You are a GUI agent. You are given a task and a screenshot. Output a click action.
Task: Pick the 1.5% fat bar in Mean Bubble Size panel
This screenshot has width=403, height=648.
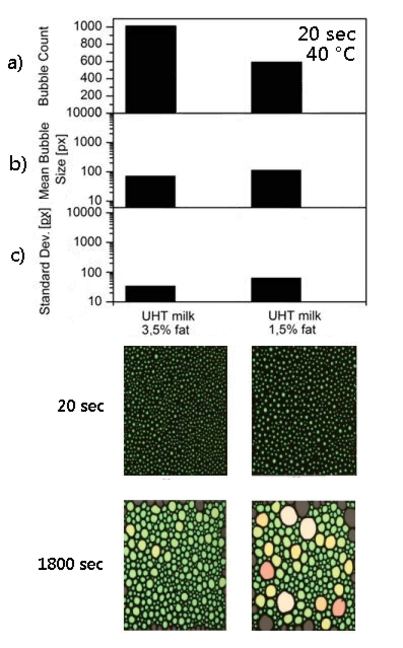click(x=276, y=188)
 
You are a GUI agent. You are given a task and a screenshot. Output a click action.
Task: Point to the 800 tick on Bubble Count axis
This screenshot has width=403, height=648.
click(x=91, y=44)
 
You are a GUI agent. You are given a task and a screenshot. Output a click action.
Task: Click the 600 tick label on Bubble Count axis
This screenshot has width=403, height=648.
click(x=91, y=61)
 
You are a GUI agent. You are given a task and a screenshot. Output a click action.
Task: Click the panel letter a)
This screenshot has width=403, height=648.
click(x=16, y=64)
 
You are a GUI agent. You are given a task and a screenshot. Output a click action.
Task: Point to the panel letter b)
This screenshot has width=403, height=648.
click(x=18, y=164)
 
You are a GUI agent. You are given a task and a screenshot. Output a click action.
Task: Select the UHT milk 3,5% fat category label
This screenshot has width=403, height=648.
click(x=168, y=323)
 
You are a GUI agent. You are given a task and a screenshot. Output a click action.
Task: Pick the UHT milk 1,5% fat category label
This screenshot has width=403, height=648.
click(x=294, y=323)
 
